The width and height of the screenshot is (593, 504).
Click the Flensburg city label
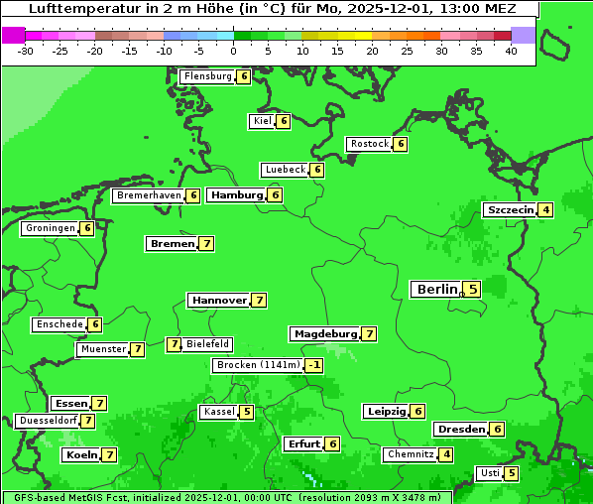[x=207, y=76]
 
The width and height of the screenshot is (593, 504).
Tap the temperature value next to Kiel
[x=283, y=121]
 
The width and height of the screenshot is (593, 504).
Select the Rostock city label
[x=369, y=144]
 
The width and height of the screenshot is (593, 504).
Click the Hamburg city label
[x=236, y=195]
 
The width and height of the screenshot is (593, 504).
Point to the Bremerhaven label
[x=149, y=195]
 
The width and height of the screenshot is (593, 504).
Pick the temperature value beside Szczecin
[x=545, y=209]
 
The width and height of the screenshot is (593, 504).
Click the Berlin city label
[x=436, y=290]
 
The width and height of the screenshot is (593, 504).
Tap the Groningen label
[x=50, y=228]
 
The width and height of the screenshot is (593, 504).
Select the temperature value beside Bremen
[x=206, y=243]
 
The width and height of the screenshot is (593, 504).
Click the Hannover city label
[x=219, y=300]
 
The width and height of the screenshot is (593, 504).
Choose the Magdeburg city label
[x=324, y=333]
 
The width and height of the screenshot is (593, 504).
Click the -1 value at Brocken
[x=313, y=365]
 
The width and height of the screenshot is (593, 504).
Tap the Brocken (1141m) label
[x=257, y=365]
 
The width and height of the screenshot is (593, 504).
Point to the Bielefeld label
[x=208, y=344]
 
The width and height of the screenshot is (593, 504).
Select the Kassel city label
[x=218, y=412]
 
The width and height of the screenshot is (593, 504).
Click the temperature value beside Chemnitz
[x=446, y=454]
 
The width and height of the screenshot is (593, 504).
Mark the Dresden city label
[x=460, y=429]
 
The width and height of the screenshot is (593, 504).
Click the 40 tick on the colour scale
[x=511, y=51]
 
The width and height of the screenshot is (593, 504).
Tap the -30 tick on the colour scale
[x=26, y=51]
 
